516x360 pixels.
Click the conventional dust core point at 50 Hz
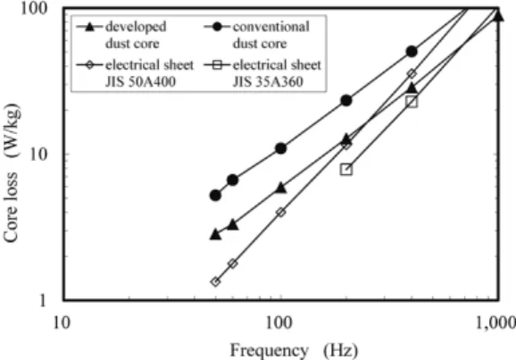pyautogui.click(x=215, y=196)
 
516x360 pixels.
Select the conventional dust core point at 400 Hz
pyautogui.click(x=412, y=52)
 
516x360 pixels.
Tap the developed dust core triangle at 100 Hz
pyautogui.click(x=280, y=188)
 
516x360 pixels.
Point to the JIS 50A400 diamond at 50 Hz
pyautogui.click(x=215, y=281)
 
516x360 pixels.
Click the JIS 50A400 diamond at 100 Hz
pyautogui.click(x=280, y=212)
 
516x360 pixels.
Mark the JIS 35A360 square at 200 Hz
pyautogui.click(x=346, y=170)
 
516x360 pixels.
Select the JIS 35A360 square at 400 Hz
pyautogui.click(x=412, y=102)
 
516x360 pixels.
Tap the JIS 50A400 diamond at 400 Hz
pyautogui.click(x=412, y=73)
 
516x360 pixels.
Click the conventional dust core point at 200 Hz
pyautogui.click(x=346, y=100)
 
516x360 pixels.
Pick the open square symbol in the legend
pyautogui.click(x=217, y=65)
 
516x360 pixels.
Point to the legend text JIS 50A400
pyautogui.click(x=140, y=81)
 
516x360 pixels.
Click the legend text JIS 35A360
pyautogui.click(x=268, y=81)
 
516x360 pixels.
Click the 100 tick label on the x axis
pyautogui.click(x=279, y=323)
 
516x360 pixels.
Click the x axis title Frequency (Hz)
pyautogui.click(x=294, y=350)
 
